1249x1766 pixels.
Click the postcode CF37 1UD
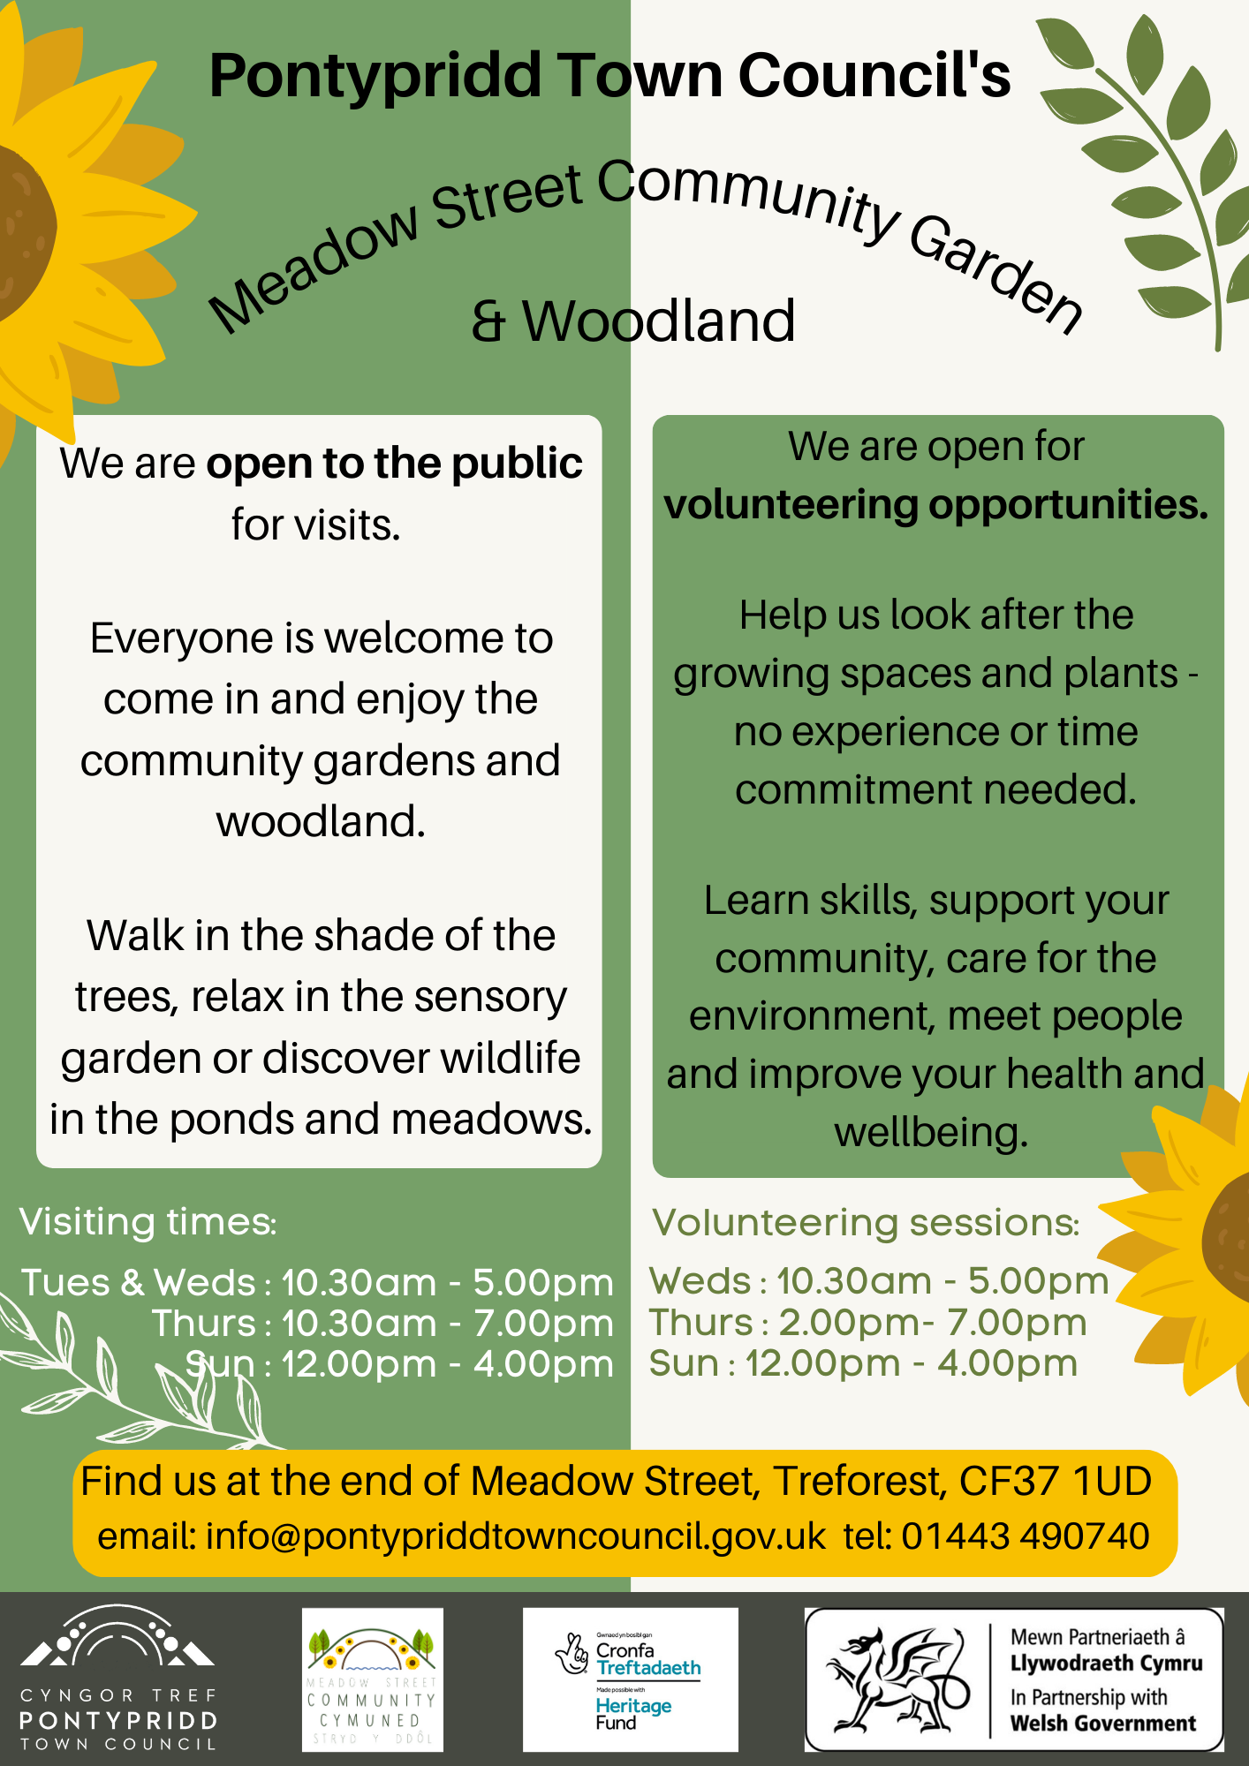1055,1481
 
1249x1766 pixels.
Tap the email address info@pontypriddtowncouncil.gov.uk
516,1536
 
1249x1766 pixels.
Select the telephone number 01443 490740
1025,1536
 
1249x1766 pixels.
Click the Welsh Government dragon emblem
895,1679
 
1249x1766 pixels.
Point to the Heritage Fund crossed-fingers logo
573,1653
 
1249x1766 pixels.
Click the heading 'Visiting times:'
148,1222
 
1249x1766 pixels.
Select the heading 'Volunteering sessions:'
866,1223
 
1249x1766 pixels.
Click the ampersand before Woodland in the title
488,321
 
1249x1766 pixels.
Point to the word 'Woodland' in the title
659,321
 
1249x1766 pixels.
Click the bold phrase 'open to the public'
394,464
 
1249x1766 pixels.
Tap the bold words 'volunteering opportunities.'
936,504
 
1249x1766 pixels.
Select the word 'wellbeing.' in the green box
932,1132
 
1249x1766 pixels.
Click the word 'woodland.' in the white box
321,821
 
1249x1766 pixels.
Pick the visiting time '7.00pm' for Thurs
543,1324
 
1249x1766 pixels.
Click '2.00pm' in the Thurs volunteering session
849,1323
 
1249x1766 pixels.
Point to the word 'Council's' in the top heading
874,76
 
